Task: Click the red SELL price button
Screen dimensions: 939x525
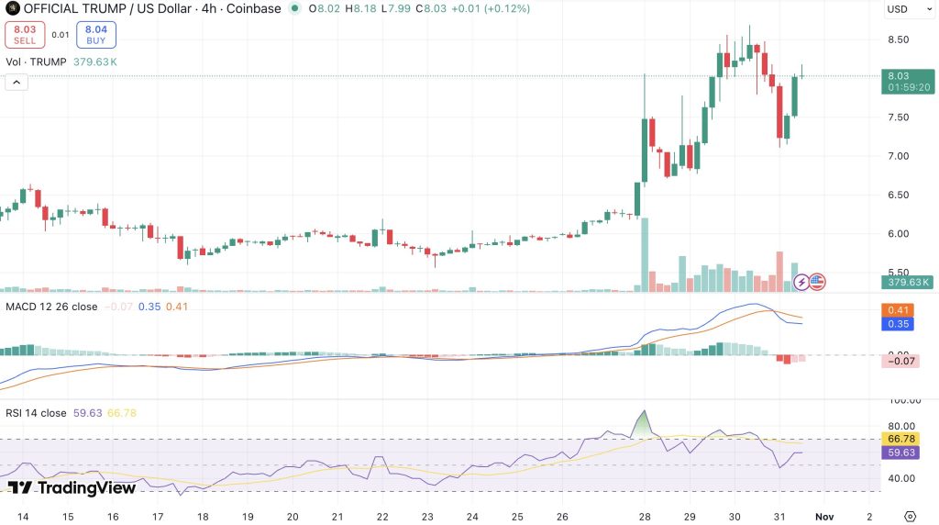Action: click(25, 35)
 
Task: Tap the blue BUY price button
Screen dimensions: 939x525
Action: click(95, 35)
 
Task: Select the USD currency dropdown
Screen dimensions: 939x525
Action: click(909, 9)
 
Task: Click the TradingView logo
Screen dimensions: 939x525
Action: click(72, 488)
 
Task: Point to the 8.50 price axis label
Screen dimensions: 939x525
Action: click(899, 39)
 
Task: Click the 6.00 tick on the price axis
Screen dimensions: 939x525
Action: click(899, 234)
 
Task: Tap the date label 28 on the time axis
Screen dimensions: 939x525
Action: click(645, 517)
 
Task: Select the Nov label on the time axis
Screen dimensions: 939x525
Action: click(824, 517)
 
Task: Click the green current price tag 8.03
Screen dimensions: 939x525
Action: click(908, 82)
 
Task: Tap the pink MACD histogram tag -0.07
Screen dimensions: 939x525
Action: click(900, 361)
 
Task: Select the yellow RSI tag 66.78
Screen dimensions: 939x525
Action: click(900, 440)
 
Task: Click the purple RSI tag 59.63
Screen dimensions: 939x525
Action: click(900, 452)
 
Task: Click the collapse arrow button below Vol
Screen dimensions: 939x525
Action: click(17, 82)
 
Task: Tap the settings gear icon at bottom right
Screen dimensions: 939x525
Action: click(910, 517)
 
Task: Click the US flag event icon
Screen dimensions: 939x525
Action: click(817, 282)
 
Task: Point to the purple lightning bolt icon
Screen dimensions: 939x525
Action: click(801, 282)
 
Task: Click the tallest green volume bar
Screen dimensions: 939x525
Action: click(645, 255)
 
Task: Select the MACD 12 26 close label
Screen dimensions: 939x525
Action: click(51, 307)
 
